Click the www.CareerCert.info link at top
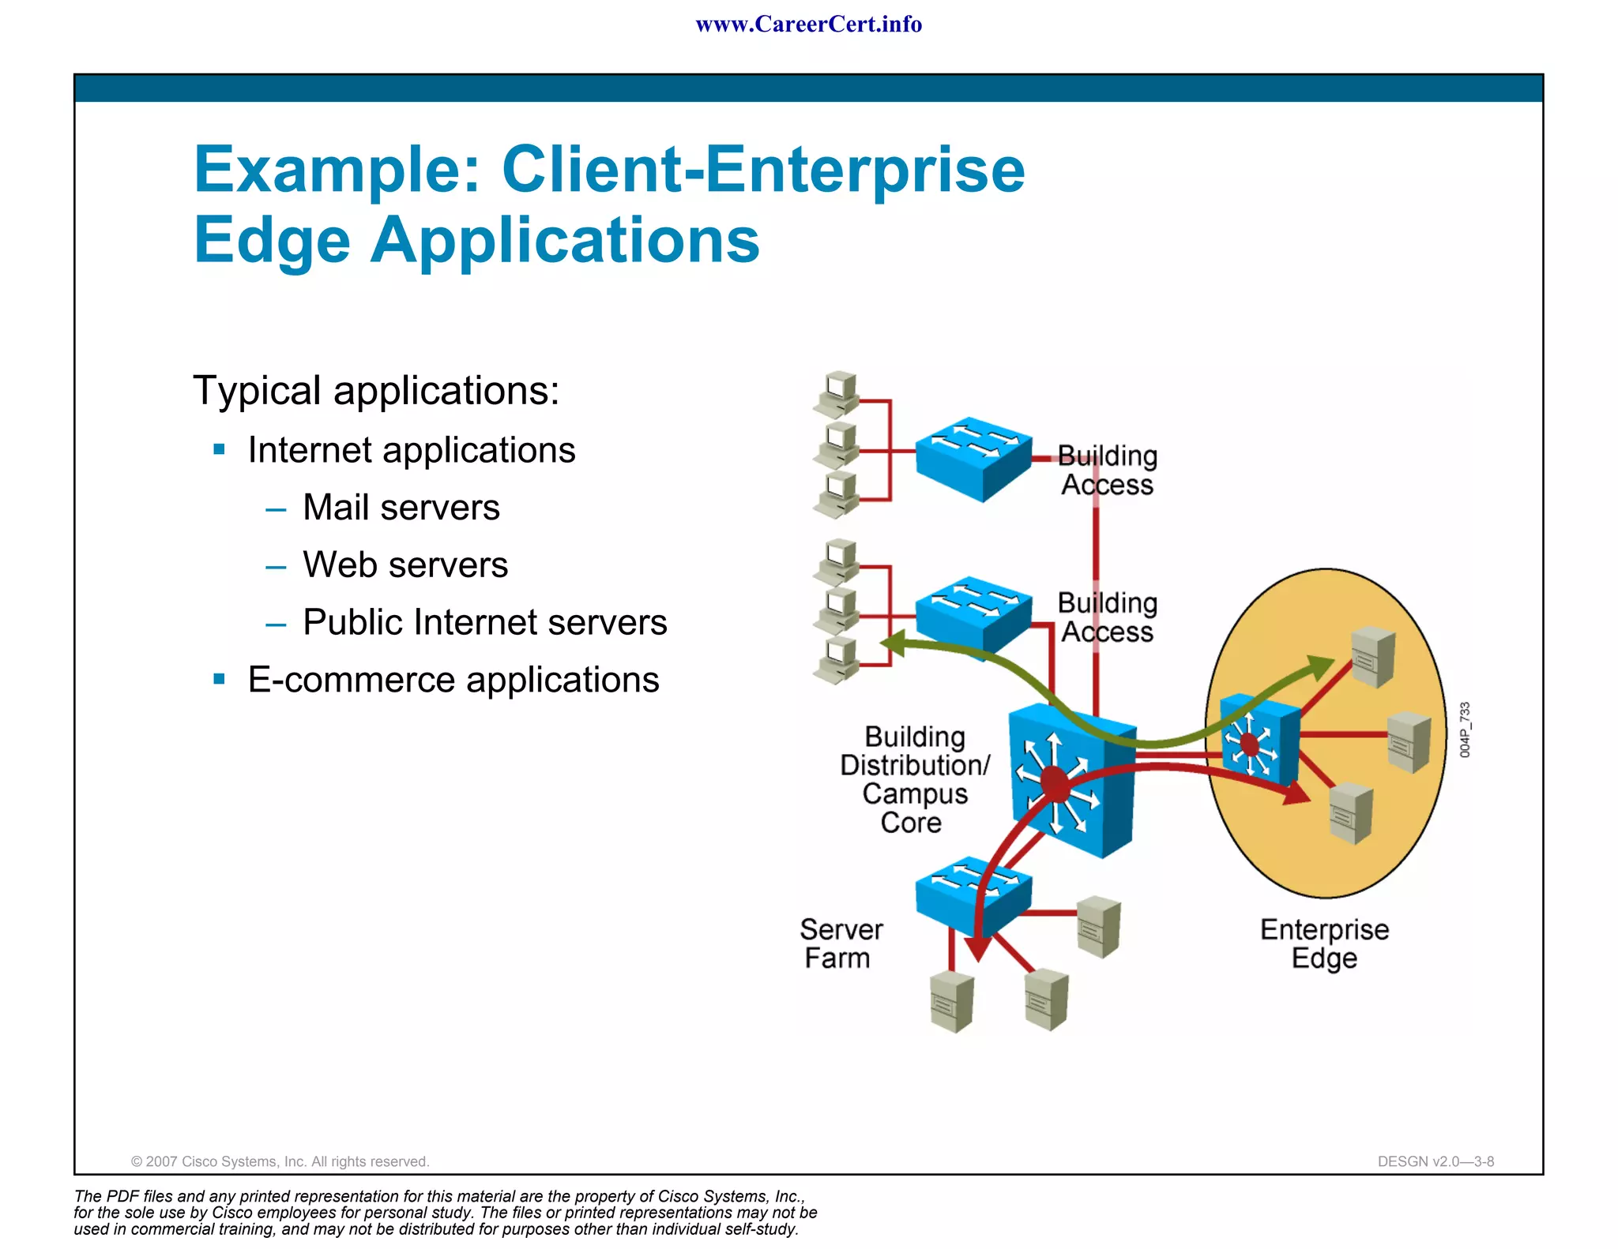(808, 24)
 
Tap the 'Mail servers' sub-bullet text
(401, 508)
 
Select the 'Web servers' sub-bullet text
(405, 565)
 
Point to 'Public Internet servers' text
(484, 622)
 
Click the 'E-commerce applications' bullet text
(453, 680)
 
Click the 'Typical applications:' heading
(376, 391)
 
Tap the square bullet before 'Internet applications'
(220, 450)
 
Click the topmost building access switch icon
(973, 458)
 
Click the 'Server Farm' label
(840, 943)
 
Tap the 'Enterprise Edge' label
(1324, 943)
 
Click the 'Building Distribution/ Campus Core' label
(914, 779)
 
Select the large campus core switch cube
(1072, 782)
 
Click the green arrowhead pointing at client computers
(894, 643)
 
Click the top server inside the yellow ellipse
(1372, 657)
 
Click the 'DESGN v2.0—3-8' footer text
(1436, 1161)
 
